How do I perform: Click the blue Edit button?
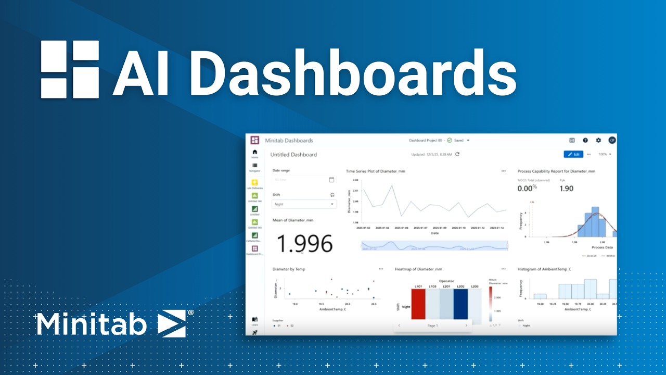click(x=573, y=155)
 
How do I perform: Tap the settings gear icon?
click(x=598, y=140)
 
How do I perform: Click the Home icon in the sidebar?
click(x=255, y=152)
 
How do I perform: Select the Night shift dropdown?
click(x=304, y=205)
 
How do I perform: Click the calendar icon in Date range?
click(x=331, y=180)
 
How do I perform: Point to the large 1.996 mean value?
click(x=304, y=244)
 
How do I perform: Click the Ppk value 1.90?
click(x=567, y=189)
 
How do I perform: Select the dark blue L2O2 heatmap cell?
click(x=460, y=304)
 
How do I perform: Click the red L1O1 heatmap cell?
click(x=418, y=304)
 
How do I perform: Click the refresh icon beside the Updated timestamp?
click(x=457, y=154)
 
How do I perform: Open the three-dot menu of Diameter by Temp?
click(x=381, y=269)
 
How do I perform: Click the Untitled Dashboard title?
click(x=293, y=155)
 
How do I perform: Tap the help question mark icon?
click(x=585, y=140)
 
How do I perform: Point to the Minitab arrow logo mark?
click(x=172, y=323)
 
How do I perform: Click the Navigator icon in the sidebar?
click(x=255, y=166)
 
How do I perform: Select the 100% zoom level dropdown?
click(x=605, y=155)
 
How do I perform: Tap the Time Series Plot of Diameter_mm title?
click(x=376, y=171)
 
